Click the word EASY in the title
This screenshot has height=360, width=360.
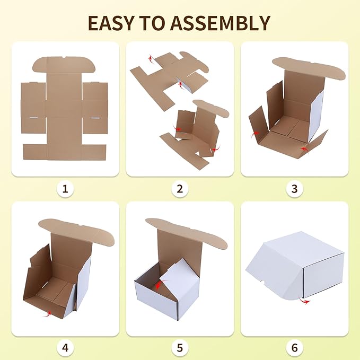coord(110,23)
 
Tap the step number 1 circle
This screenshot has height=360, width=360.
coord(65,188)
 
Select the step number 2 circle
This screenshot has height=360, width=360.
coord(180,188)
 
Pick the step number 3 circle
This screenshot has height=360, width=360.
coord(295,188)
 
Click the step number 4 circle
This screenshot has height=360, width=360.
coord(65,348)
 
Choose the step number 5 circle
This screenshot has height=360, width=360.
coord(180,348)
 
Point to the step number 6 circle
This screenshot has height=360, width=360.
coord(295,348)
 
